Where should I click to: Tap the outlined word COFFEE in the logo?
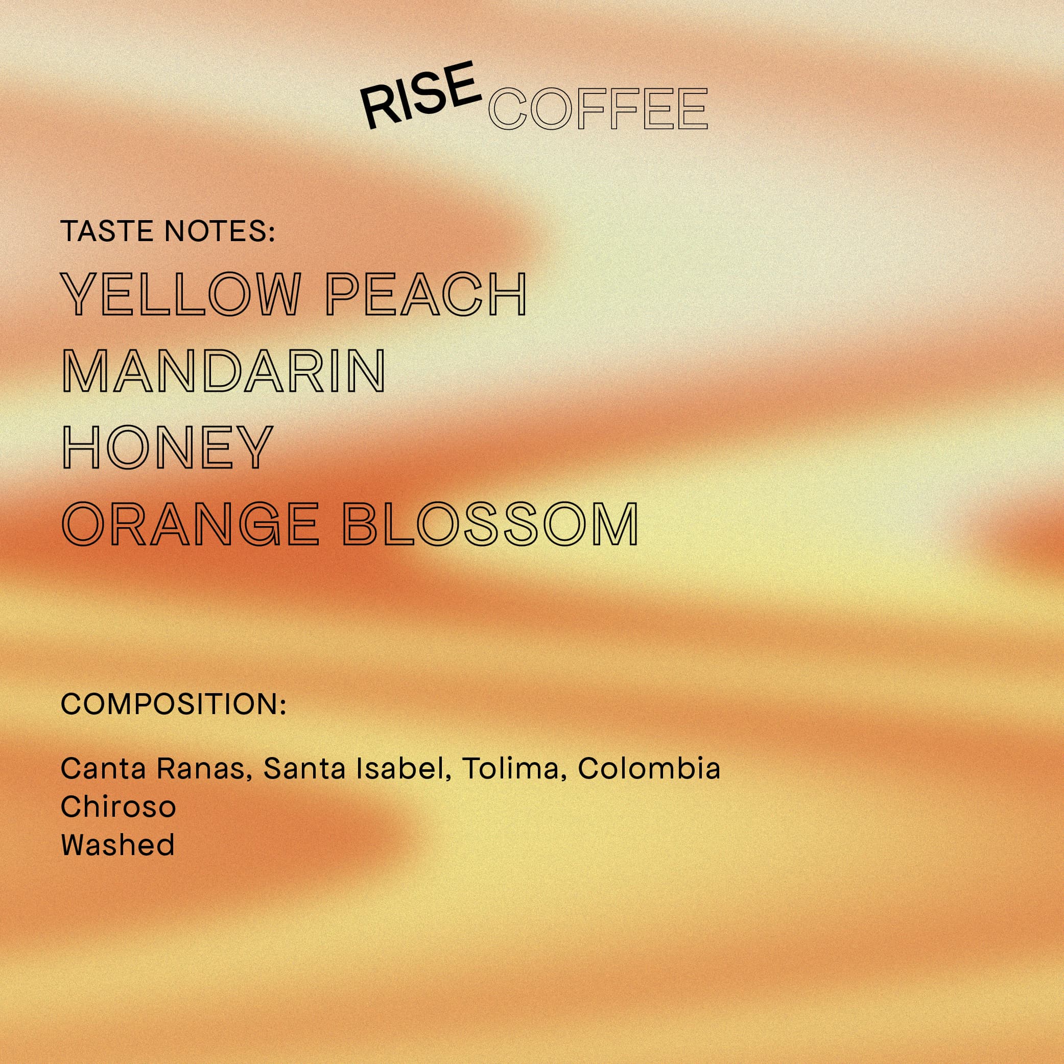pyautogui.click(x=598, y=108)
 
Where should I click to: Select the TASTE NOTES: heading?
pyautogui.click(x=168, y=231)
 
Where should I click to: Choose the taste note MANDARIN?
pyautogui.click(x=223, y=371)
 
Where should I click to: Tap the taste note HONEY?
pyautogui.click(x=168, y=446)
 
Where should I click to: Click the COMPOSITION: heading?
pyautogui.click(x=174, y=704)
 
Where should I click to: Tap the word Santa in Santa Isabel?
pyautogui.click(x=304, y=768)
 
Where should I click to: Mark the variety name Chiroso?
pyautogui.click(x=119, y=807)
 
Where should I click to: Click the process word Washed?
pyautogui.click(x=118, y=845)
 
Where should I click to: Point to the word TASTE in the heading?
pyautogui.click(x=108, y=231)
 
